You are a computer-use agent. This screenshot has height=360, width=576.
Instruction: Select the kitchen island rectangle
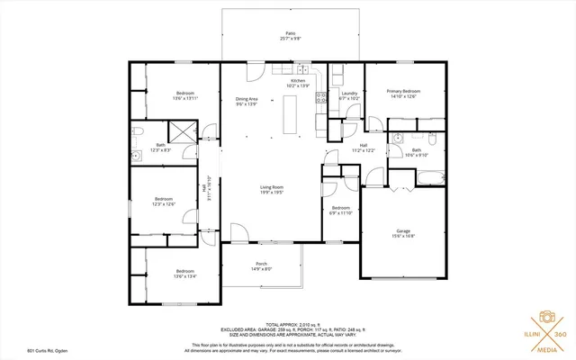click(x=291, y=113)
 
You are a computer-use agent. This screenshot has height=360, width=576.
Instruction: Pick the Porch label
click(x=261, y=265)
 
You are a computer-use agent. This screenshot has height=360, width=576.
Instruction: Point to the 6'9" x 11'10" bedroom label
click(x=340, y=210)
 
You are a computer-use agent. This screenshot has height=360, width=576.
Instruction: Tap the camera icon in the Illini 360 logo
click(x=545, y=319)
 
